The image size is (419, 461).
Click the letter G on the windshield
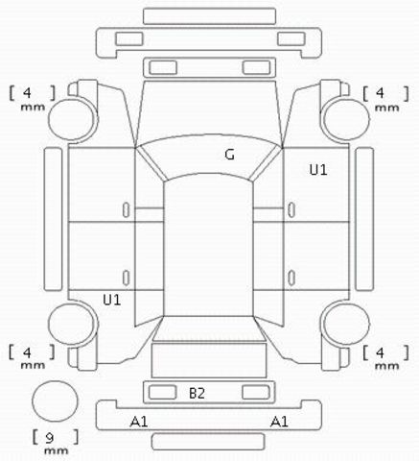229,155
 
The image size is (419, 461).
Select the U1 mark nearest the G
318,169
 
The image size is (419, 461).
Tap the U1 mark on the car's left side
112,300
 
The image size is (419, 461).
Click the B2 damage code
197,393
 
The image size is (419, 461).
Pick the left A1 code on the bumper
139,422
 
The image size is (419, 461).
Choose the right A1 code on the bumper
279,422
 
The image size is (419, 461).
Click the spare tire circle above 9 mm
55,401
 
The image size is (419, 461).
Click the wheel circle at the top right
346,120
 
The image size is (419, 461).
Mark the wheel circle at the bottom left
73,324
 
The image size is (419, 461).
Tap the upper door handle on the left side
127,210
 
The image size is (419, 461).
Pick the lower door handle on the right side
291,278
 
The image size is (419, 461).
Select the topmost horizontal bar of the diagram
209,16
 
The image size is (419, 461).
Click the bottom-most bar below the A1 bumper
208,442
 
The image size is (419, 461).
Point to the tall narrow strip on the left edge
53,219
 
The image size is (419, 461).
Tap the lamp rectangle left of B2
162,392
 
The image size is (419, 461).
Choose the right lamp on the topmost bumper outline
291,38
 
